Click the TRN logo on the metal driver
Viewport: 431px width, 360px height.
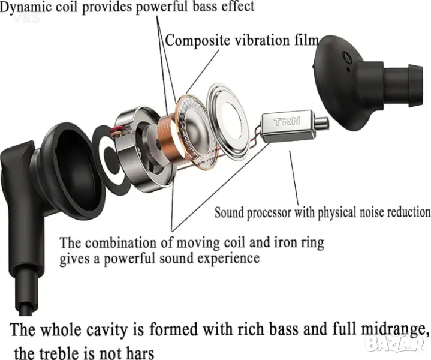point(287,121)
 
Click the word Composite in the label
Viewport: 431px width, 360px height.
point(197,40)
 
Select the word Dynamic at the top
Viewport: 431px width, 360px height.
point(26,7)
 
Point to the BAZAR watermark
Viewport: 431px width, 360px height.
point(395,344)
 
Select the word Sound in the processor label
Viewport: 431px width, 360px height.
point(229,212)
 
